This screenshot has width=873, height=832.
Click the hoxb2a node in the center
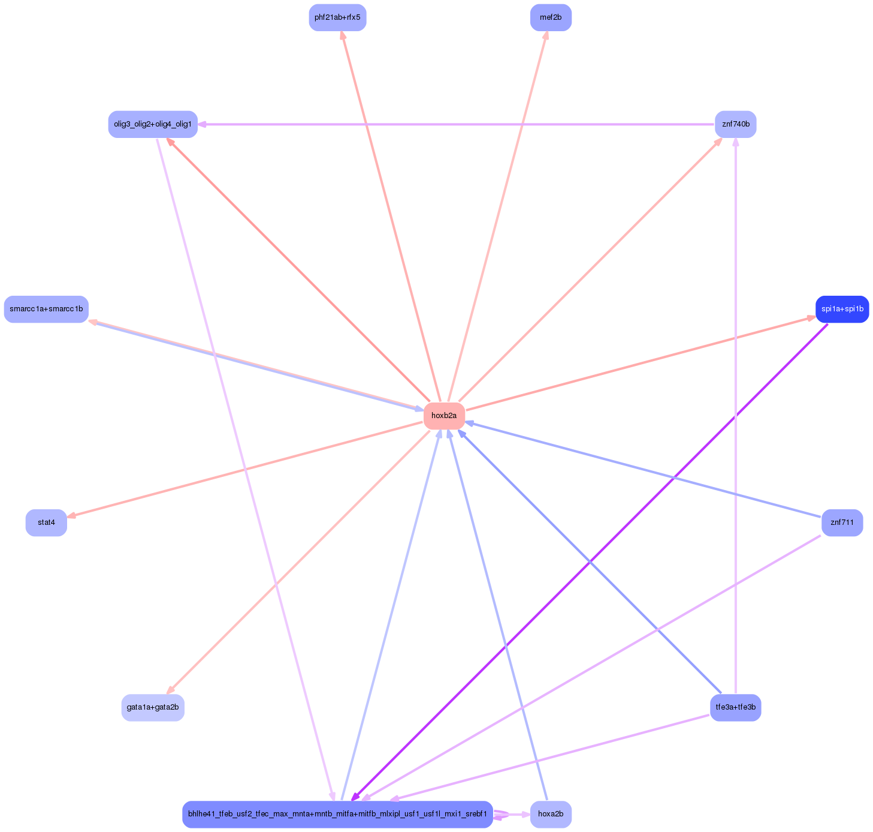(x=444, y=416)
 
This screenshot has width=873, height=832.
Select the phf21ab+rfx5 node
(x=337, y=17)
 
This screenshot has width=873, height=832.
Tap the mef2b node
(x=551, y=17)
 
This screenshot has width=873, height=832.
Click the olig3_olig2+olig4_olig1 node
(x=153, y=124)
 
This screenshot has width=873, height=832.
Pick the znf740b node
(x=735, y=124)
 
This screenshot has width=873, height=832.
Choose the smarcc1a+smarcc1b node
(x=46, y=309)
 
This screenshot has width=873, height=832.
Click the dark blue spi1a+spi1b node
(x=842, y=309)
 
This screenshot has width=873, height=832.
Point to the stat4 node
(x=46, y=522)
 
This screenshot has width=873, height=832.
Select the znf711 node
(x=842, y=522)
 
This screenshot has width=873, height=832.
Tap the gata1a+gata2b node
(x=153, y=707)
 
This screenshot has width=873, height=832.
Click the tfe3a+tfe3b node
(x=735, y=707)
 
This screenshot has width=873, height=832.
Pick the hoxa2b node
(x=551, y=814)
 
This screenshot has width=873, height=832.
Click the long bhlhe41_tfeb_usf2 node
(x=337, y=814)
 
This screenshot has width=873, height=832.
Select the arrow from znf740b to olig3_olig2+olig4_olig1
(x=455, y=124)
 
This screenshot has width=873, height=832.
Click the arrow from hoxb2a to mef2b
(x=497, y=217)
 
